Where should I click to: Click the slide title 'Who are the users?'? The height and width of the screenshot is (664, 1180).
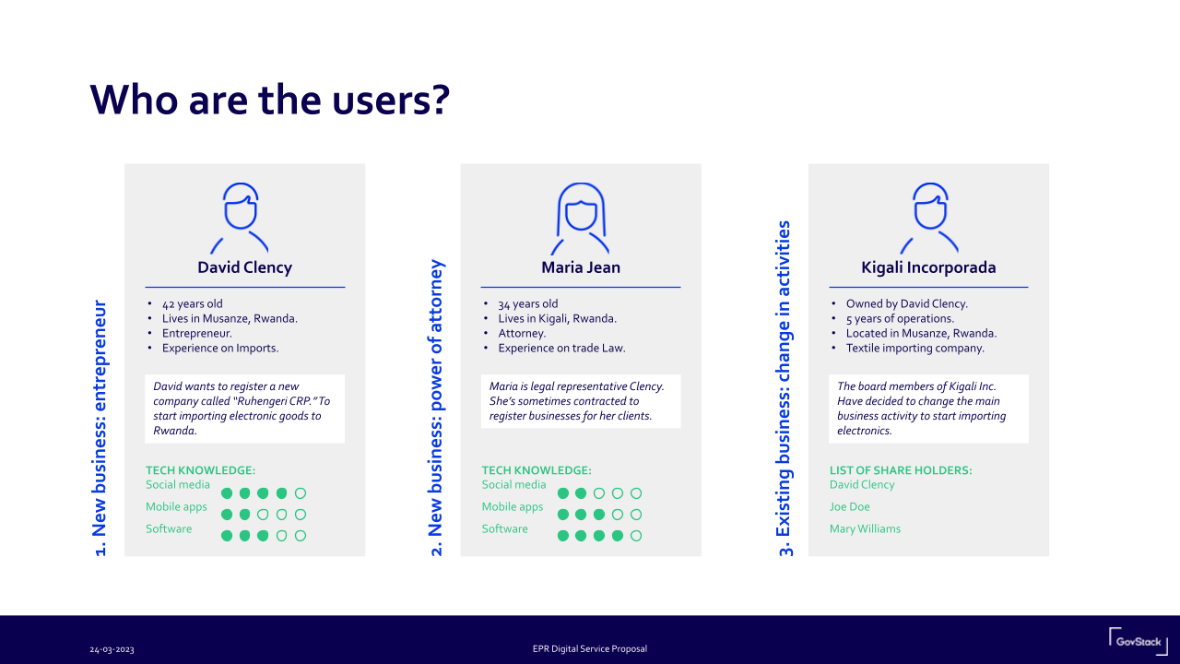pyautogui.click(x=268, y=99)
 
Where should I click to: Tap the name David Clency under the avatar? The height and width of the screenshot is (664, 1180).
pyautogui.click(x=244, y=267)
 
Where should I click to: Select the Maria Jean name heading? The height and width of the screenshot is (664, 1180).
pyautogui.click(x=581, y=267)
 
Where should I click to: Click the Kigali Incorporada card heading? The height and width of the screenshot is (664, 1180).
pyautogui.click(x=928, y=267)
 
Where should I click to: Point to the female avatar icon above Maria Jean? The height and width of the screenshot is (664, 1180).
pyautogui.click(x=581, y=218)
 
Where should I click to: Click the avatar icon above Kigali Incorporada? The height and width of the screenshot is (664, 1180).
pyautogui.click(x=928, y=218)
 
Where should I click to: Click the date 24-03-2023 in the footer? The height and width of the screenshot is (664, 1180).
pyautogui.click(x=112, y=649)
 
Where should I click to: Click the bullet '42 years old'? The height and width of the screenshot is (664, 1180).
pyautogui.click(x=193, y=303)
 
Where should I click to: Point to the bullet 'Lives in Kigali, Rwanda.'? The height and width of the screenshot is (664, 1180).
pyautogui.click(x=557, y=319)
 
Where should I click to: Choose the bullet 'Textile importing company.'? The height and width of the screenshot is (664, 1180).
pyautogui.click(x=914, y=349)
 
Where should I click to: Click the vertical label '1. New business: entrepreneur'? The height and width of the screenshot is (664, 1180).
pyautogui.click(x=100, y=428)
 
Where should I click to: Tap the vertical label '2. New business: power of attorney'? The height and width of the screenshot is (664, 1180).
pyautogui.click(x=437, y=408)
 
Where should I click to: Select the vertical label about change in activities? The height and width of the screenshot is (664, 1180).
pyautogui.click(x=785, y=387)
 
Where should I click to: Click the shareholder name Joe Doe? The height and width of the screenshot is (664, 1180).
pyautogui.click(x=849, y=506)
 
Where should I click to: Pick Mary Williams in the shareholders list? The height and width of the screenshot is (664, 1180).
pyautogui.click(x=865, y=528)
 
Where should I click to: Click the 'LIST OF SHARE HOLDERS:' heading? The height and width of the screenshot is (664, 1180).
pyautogui.click(x=900, y=470)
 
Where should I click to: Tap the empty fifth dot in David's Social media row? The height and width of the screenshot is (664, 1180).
pyautogui.click(x=301, y=493)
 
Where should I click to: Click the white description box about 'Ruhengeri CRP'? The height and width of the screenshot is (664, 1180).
pyautogui.click(x=244, y=409)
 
